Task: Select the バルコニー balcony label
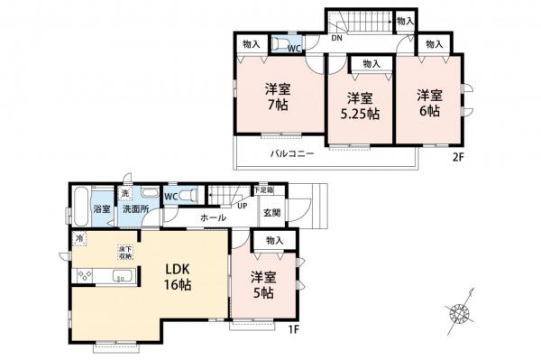coord(291,153)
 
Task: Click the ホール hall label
coord(213,218)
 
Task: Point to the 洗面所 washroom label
coord(135,210)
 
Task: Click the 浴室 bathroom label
coord(102,210)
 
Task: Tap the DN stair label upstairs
coord(335,39)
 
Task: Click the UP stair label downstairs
coord(242,206)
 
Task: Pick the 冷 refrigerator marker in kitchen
coord(79,238)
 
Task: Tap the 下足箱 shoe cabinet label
coord(262,190)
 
